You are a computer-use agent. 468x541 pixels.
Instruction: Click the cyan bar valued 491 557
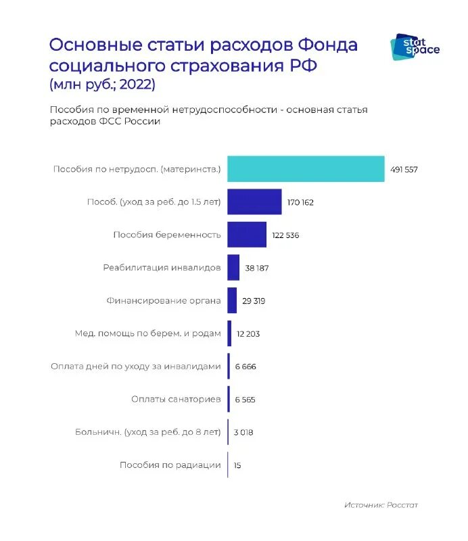[306, 169]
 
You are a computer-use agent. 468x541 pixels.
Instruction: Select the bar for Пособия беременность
[247, 235]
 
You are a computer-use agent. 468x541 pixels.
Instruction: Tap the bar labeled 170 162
[254, 202]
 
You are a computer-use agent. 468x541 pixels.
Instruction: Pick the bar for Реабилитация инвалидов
[233, 268]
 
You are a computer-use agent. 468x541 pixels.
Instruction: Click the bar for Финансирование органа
[232, 300]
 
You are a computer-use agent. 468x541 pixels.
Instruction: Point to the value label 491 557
[404, 170]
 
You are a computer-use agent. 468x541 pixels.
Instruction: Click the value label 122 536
[285, 235]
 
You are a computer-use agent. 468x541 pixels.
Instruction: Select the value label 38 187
[257, 268]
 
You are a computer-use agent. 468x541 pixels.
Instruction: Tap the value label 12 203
[248, 334]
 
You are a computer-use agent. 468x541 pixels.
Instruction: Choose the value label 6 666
[245, 367]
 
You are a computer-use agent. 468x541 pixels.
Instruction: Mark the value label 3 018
[243, 432]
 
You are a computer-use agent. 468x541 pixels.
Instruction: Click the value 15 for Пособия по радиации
[237, 465]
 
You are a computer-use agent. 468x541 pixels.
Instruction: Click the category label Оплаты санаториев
[176, 400]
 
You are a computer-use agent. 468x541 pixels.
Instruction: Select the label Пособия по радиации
[170, 465]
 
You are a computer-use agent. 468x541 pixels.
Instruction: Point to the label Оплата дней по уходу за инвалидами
[136, 367]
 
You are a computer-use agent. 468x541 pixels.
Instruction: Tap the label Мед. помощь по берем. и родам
[147, 334]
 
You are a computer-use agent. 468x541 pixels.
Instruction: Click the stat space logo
[415, 46]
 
